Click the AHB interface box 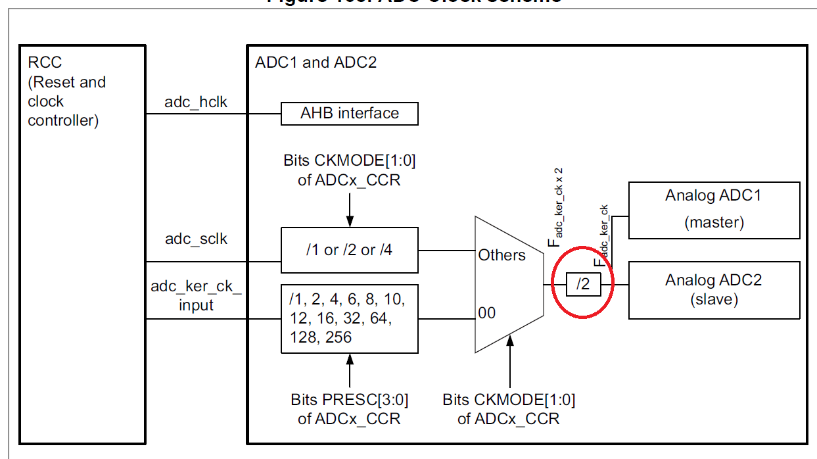click(x=349, y=113)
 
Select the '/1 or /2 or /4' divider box click(x=349, y=250)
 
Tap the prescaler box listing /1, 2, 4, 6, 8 click(x=349, y=319)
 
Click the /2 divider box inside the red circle click(x=584, y=285)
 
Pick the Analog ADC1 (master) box click(x=714, y=210)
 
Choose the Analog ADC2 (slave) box click(x=714, y=290)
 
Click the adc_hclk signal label click(x=196, y=102)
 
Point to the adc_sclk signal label click(x=196, y=239)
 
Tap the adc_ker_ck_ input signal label click(x=196, y=296)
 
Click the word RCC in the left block click(x=45, y=62)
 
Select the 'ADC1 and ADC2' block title click(x=315, y=63)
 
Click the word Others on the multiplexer click(x=502, y=255)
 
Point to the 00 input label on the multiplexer click(x=487, y=313)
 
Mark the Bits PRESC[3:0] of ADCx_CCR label click(x=349, y=408)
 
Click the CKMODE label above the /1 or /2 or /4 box click(x=349, y=170)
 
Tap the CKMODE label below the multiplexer click(x=509, y=408)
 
